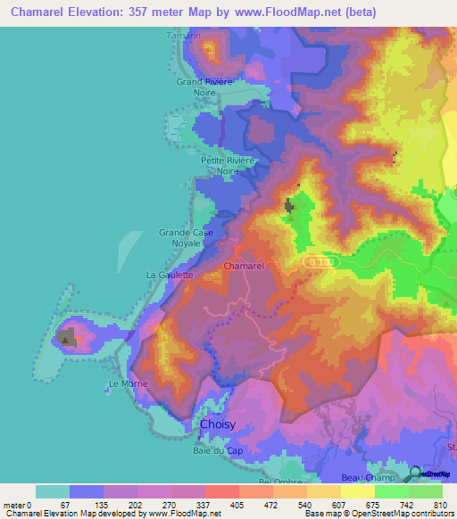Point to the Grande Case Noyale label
point(187,237)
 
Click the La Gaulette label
point(170,276)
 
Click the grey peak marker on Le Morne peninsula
point(67,337)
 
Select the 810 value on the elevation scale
point(437,506)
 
